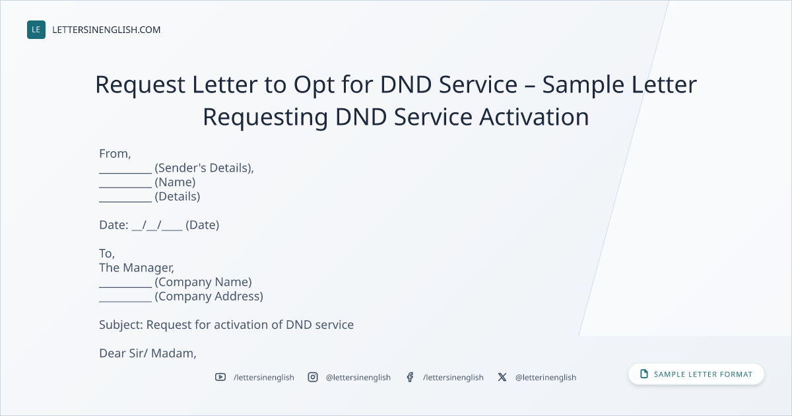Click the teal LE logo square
pos(36,30)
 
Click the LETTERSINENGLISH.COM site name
pos(106,30)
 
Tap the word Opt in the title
pos(314,86)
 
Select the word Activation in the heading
pos(534,117)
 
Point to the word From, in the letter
pos(115,154)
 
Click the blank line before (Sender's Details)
pos(125,173)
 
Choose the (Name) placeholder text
pos(175,182)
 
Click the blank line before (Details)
pos(125,201)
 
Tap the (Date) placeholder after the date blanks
pos(202,225)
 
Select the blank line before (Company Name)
pos(125,287)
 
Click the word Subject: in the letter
pos(121,325)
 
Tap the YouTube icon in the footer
pos(220,377)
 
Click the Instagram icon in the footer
pos(313,377)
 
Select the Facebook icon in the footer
pos(410,377)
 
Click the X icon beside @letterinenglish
pos(502,377)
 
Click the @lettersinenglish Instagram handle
pos(358,378)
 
